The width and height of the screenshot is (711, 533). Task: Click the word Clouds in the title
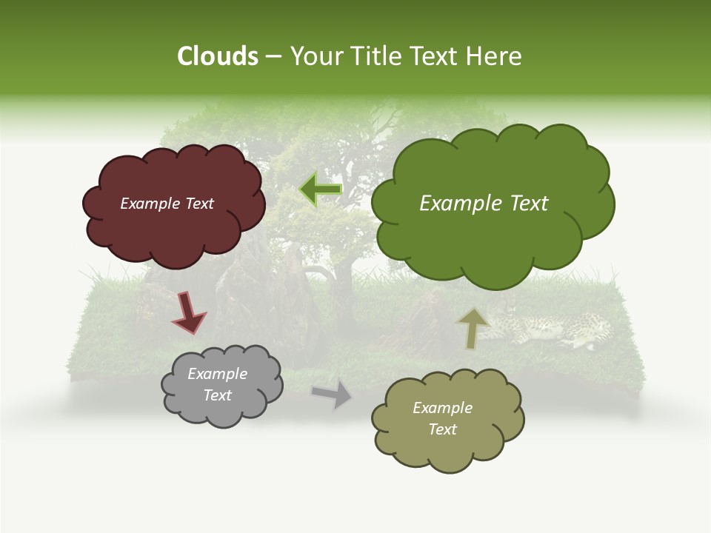click(218, 56)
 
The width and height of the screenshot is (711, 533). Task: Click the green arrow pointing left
click(321, 190)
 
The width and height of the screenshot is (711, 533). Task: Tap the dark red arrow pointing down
click(188, 312)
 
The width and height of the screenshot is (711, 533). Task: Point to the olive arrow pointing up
click(473, 327)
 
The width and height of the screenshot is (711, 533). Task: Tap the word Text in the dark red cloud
click(198, 204)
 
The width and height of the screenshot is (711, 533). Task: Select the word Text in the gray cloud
click(217, 395)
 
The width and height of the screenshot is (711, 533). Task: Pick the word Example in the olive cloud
click(442, 408)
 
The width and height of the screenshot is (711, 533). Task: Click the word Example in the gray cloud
click(217, 374)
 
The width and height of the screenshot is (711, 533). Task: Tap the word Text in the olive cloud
click(442, 429)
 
